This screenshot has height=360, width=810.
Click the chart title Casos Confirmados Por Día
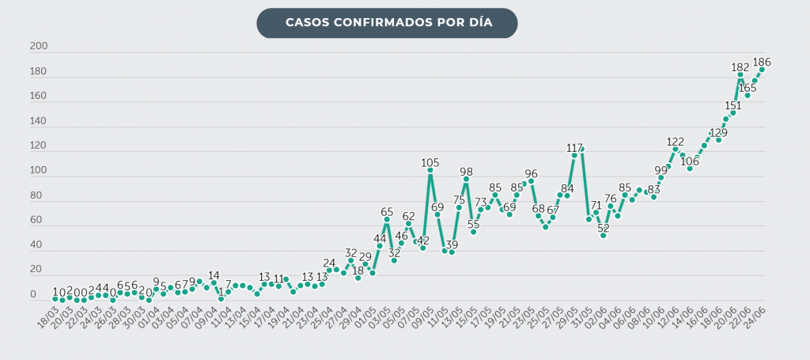(387, 23)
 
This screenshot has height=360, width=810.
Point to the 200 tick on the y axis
(39, 47)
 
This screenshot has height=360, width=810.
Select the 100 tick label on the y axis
(39, 171)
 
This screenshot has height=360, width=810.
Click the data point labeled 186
(762, 70)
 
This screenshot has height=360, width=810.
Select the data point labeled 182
(740, 74)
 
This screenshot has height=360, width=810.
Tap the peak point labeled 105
(430, 170)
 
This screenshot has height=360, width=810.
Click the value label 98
(466, 172)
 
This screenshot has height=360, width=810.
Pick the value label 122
(675, 142)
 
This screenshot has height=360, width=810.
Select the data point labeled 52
(603, 235)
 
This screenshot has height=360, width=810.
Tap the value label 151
(732, 105)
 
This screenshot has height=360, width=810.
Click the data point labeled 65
(387, 219)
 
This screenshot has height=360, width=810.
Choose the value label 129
(718, 132)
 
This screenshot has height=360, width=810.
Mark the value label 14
(214, 275)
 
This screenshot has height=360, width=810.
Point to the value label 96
(531, 173)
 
